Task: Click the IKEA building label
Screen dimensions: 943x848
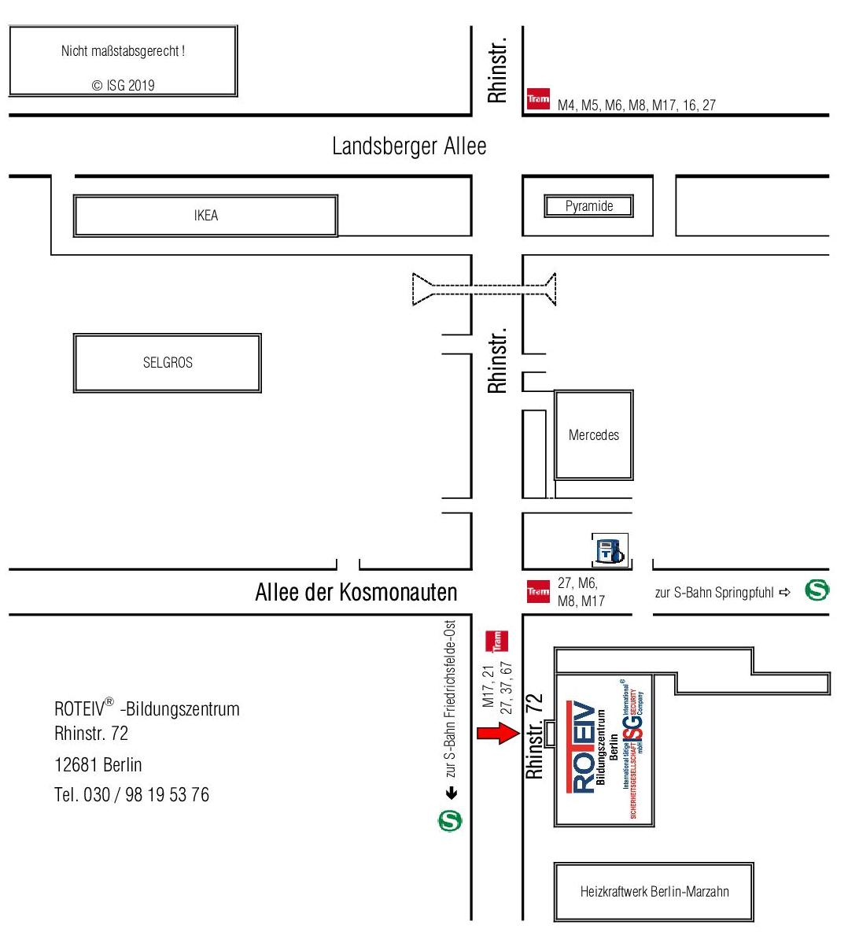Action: click(205, 216)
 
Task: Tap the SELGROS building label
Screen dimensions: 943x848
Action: click(168, 363)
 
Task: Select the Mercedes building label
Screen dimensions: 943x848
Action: click(594, 435)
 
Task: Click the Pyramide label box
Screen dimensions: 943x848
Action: click(589, 207)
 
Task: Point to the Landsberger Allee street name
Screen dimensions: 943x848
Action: click(409, 146)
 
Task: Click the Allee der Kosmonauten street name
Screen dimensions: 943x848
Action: click(356, 592)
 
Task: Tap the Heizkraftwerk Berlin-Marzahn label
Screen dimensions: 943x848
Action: click(654, 892)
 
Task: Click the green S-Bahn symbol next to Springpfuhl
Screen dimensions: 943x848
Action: click(817, 591)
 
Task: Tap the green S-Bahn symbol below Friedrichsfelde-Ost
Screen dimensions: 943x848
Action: click(451, 821)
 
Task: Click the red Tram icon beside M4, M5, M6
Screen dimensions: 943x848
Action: click(538, 98)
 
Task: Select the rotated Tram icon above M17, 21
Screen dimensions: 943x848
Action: click(496, 641)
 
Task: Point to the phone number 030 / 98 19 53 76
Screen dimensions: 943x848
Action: click(131, 795)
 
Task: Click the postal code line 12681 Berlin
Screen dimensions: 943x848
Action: click(98, 765)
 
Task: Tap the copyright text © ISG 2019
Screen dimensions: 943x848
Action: click(124, 86)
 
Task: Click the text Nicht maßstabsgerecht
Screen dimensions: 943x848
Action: click(123, 52)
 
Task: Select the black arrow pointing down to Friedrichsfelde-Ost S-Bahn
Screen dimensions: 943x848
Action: click(452, 793)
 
